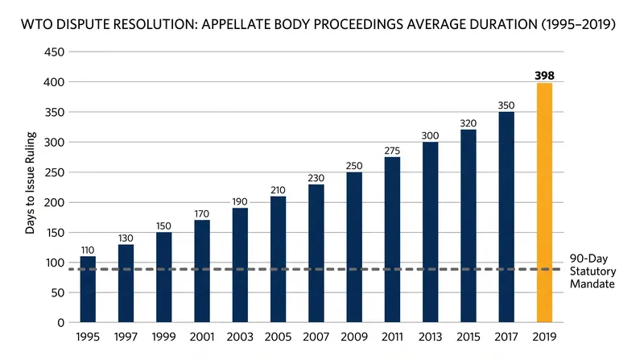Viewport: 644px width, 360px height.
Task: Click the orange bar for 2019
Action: pyautogui.click(x=544, y=203)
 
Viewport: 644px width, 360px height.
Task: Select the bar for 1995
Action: pyautogui.click(x=88, y=289)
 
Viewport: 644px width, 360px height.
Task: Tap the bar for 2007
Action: pyautogui.click(x=316, y=254)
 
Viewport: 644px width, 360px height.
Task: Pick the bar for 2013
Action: pyautogui.click(x=430, y=232)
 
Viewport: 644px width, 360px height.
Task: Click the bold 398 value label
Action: pyautogui.click(x=544, y=76)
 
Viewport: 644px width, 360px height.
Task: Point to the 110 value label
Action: pyautogui.click(x=88, y=250)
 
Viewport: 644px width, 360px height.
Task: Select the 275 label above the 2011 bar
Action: pyautogui.click(x=392, y=151)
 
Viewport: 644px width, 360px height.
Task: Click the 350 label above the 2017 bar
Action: pyautogui.click(x=506, y=106)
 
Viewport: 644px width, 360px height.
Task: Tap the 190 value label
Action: pyautogui.click(x=240, y=202)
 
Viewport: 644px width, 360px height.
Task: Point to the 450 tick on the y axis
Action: pyautogui.click(x=54, y=52)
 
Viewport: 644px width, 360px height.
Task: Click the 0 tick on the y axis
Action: pyautogui.click(x=61, y=323)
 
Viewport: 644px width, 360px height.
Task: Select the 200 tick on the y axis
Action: pyautogui.click(x=54, y=203)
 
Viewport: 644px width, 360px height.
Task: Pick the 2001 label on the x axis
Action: pyautogui.click(x=202, y=337)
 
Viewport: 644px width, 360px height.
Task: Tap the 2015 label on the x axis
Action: pyautogui.click(x=469, y=337)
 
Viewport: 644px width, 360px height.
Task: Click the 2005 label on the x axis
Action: pyautogui.click(x=278, y=337)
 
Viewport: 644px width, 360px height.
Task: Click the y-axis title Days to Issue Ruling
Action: pyautogui.click(x=31, y=183)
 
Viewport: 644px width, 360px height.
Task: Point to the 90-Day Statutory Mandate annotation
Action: pyautogui.click(x=592, y=271)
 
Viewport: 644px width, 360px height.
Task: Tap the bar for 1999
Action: pyautogui.click(x=164, y=277)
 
